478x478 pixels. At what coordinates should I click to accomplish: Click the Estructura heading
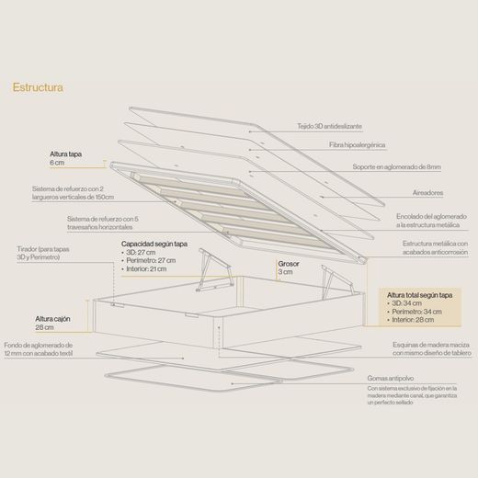[x=38, y=87]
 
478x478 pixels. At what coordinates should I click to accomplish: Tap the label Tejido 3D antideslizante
[x=329, y=126]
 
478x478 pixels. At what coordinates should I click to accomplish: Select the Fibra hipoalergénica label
[x=358, y=145]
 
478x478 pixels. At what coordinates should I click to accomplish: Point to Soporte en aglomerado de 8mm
[x=397, y=167]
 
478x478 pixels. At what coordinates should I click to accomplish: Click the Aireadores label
[x=427, y=193]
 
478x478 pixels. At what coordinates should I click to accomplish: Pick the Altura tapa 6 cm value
[x=57, y=163]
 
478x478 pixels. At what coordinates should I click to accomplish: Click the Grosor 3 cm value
[x=285, y=272]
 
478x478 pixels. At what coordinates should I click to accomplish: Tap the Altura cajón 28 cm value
[x=44, y=327]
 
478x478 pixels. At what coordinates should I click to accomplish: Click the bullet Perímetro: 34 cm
[x=415, y=312]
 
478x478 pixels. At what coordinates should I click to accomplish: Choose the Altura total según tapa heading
[x=419, y=295]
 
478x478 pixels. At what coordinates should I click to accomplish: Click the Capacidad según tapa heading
[x=154, y=244]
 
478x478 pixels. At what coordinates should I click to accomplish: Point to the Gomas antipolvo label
[x=391, y=379]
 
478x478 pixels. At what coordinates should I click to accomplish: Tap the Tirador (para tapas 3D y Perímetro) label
[x=43, y=253]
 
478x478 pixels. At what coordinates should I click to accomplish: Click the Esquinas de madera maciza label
[x=431, y=349]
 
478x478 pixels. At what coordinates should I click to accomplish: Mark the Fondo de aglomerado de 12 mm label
[x=39, y=349]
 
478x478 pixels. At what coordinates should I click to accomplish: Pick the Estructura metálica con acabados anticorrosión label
[x=435, y=248]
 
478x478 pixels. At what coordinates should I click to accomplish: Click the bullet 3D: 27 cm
[x=139, y=253]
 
